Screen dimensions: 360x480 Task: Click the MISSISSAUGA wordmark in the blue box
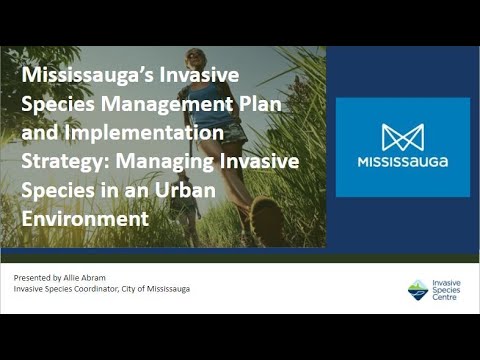pos(404,161)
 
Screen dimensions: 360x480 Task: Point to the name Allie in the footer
pos(72,275)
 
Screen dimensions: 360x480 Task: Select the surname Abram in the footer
pos(95,275)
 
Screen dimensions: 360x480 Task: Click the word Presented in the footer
pos(33,275)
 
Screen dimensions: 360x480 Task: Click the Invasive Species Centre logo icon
pos(418,289)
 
